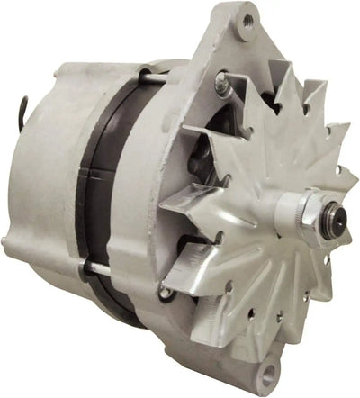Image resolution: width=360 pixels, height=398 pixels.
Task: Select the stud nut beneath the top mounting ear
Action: click(x=221, y=86)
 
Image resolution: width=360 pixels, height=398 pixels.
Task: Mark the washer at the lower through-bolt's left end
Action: click(x=83, y=267)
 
